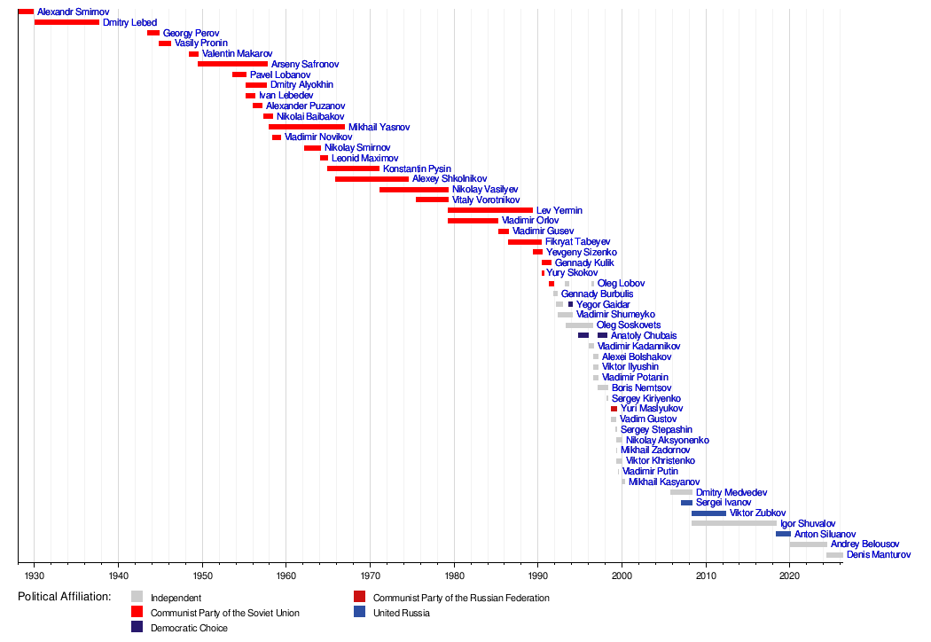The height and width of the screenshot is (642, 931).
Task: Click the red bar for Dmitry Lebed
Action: click(x=66, y=22)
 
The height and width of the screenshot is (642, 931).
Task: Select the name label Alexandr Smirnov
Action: click(x=73, y=12)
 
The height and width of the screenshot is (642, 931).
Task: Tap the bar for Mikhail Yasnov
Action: click(x=307, y=127)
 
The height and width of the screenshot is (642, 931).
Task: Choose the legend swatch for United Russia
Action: click(x=359, y=613)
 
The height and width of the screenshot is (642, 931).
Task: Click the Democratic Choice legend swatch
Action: click(x=137, y=628)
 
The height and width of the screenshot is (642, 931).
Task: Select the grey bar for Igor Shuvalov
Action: click(x=733, y=523)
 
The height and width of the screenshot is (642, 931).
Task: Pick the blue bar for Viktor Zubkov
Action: click(x=708, y=513)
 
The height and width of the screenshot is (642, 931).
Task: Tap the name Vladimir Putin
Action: click(x=650, y=472)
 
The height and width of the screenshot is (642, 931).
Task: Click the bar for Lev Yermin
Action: click(x=490, y=210)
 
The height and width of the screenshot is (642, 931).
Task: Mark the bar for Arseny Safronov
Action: click(x=232, y=64)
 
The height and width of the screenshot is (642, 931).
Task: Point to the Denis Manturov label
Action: click(x=879, y=555)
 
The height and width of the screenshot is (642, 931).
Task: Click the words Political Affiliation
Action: click(x=64, y=597)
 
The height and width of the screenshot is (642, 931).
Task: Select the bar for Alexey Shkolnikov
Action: click(x=372, y=179)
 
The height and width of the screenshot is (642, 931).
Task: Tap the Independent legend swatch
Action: click(x=137, y=598)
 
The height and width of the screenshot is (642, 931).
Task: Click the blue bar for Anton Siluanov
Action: click(x=783, y=534)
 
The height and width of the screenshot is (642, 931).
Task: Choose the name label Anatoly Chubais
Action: click(x=644, y=336)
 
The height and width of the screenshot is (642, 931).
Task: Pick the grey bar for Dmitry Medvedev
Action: click(x=681, y=492)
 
